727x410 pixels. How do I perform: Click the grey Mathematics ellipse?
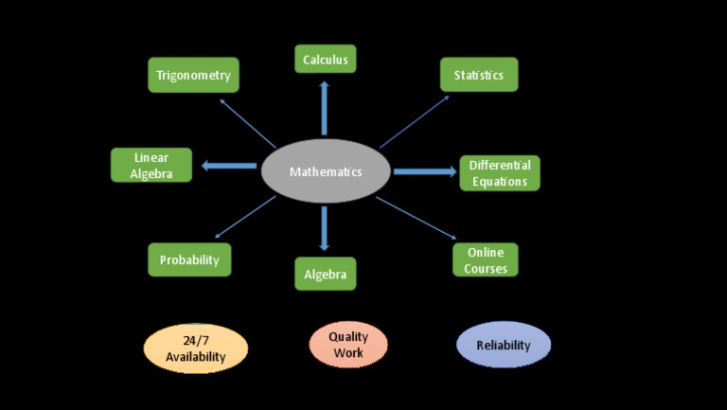coord(326,171)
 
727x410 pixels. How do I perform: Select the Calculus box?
coord(325,60)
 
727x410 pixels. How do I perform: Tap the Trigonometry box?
coord(194,75)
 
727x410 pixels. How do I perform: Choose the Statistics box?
coord(478,75)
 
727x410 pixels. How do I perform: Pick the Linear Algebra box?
coord(151,165)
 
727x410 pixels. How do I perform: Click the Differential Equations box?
coord(499,173)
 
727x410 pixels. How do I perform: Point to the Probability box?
coord(189,259)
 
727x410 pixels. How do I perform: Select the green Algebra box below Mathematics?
coord(325,274)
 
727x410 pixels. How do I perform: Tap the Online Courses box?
coord(485,260)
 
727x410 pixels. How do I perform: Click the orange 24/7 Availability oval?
coord(195,348)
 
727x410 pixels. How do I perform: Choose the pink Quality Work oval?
coord(348,345)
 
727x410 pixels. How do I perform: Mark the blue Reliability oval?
coord(503,345)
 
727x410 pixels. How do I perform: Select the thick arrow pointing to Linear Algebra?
coord(228,168)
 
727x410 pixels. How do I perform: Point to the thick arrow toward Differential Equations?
coord(425,171)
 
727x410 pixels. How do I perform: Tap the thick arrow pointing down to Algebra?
coord(325,228)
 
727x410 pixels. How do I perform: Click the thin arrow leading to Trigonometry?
coord(247,122)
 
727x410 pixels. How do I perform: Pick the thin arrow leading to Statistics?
coord(415,121)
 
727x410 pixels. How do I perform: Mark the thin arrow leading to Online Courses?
coord(416,217)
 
